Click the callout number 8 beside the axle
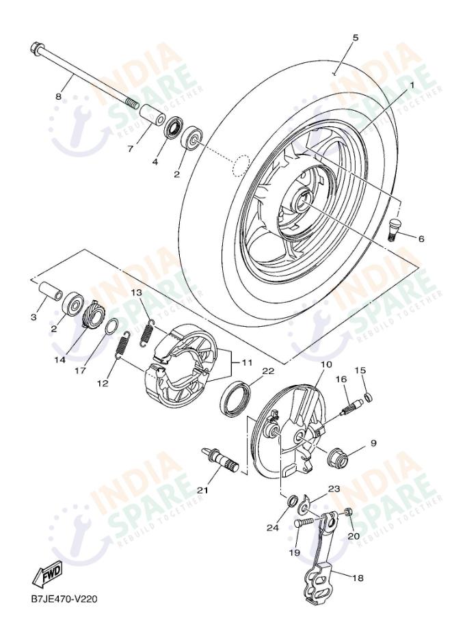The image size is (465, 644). (58, 96)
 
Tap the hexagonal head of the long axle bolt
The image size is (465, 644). (36, 49)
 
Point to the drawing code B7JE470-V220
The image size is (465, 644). (64, 600)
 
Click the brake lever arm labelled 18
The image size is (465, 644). (319, 581)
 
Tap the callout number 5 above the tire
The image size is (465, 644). (355, 38)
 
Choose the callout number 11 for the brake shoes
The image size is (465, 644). (245, 363)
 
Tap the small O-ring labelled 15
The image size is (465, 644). (368, 397)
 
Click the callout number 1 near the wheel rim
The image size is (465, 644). (412, 85)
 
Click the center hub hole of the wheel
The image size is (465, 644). (303, 202)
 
